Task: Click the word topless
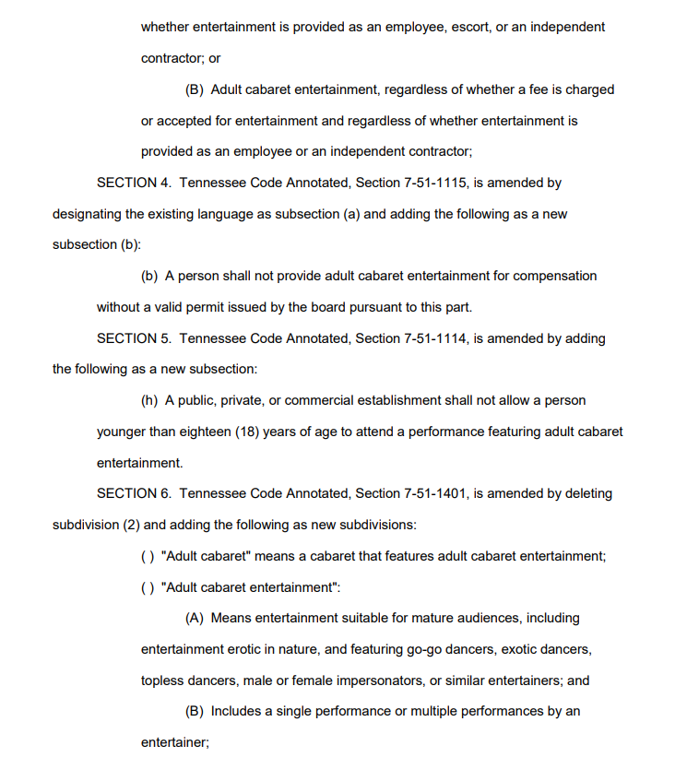pos(162,680)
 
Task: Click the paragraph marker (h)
pos(149,400)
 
